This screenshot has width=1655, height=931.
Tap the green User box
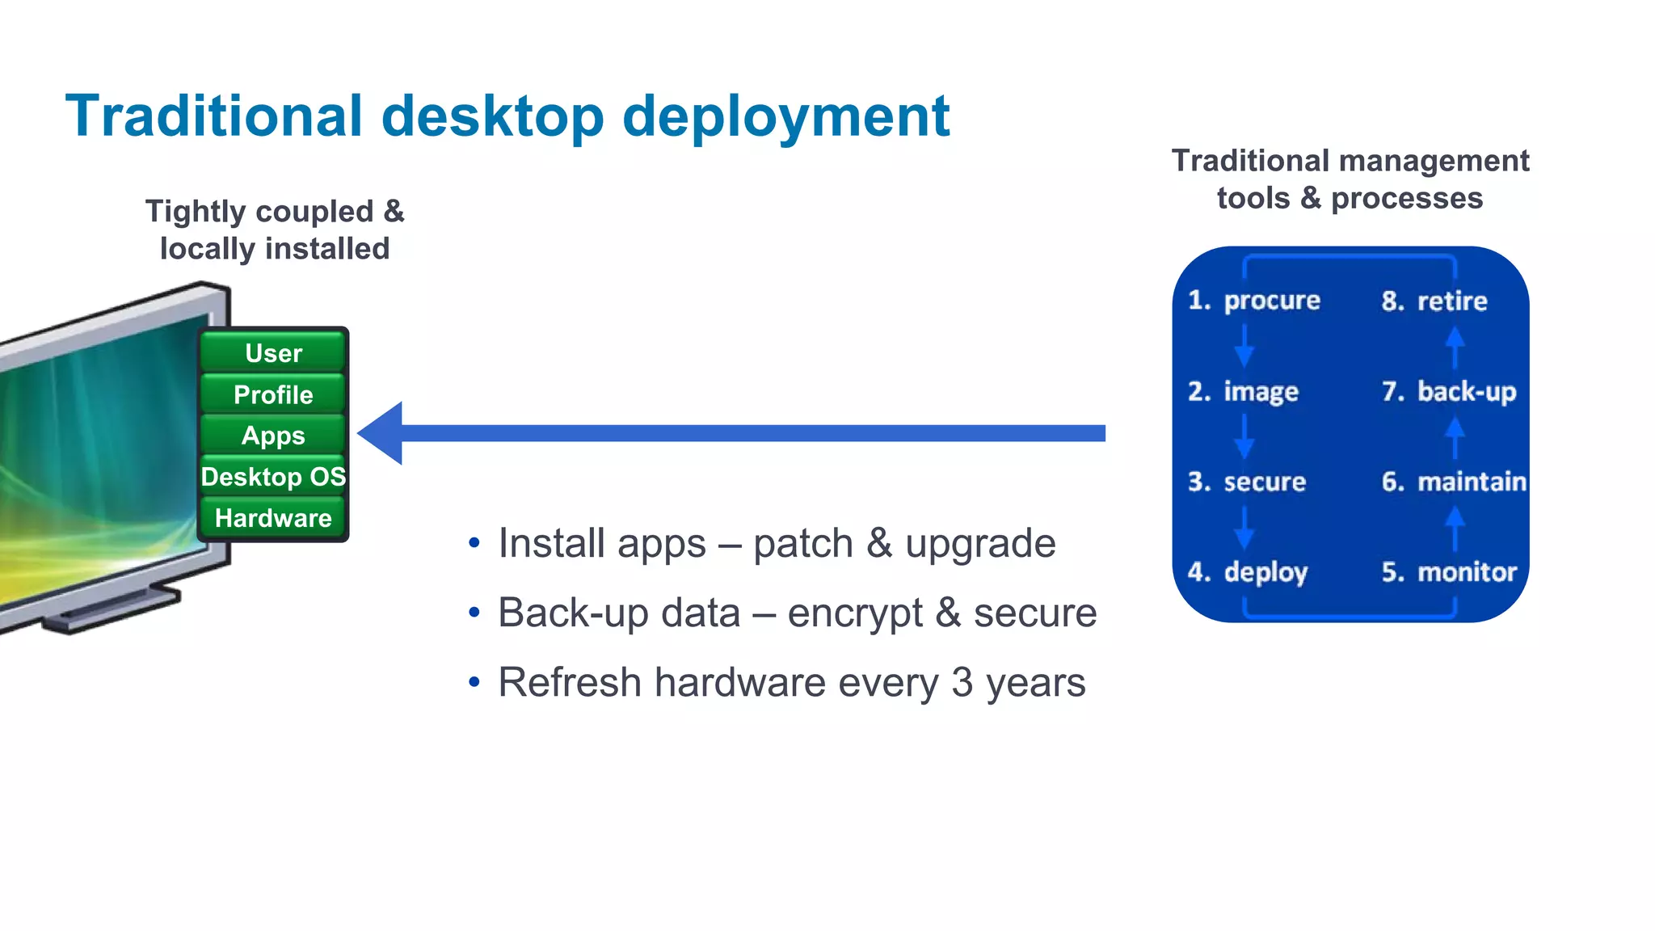click(x=273, y=353)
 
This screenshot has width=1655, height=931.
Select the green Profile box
click(x=273, y=394)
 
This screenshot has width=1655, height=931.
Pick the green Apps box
click(x=273, y=436)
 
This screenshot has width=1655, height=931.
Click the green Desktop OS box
click(x=273, y=477)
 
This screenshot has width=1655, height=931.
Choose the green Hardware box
click(x=273, y=518)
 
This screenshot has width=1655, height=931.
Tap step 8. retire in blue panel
click(x=1434, y=301)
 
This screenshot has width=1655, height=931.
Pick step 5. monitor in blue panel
click(x=1448, y=572)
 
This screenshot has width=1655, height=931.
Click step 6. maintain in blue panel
click(x=1453, y=482)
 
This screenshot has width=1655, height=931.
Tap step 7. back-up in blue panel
click(x=1448, y=392)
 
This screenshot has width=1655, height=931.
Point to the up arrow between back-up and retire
click(x=1455, y=346)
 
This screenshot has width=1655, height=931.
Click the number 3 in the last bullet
click(x=962, y=682)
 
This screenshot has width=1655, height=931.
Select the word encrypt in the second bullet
click(x=854, y=613)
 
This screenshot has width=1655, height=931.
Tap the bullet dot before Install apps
click(x=474, y=543)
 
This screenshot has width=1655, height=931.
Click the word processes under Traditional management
click(x=1406, y=198)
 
